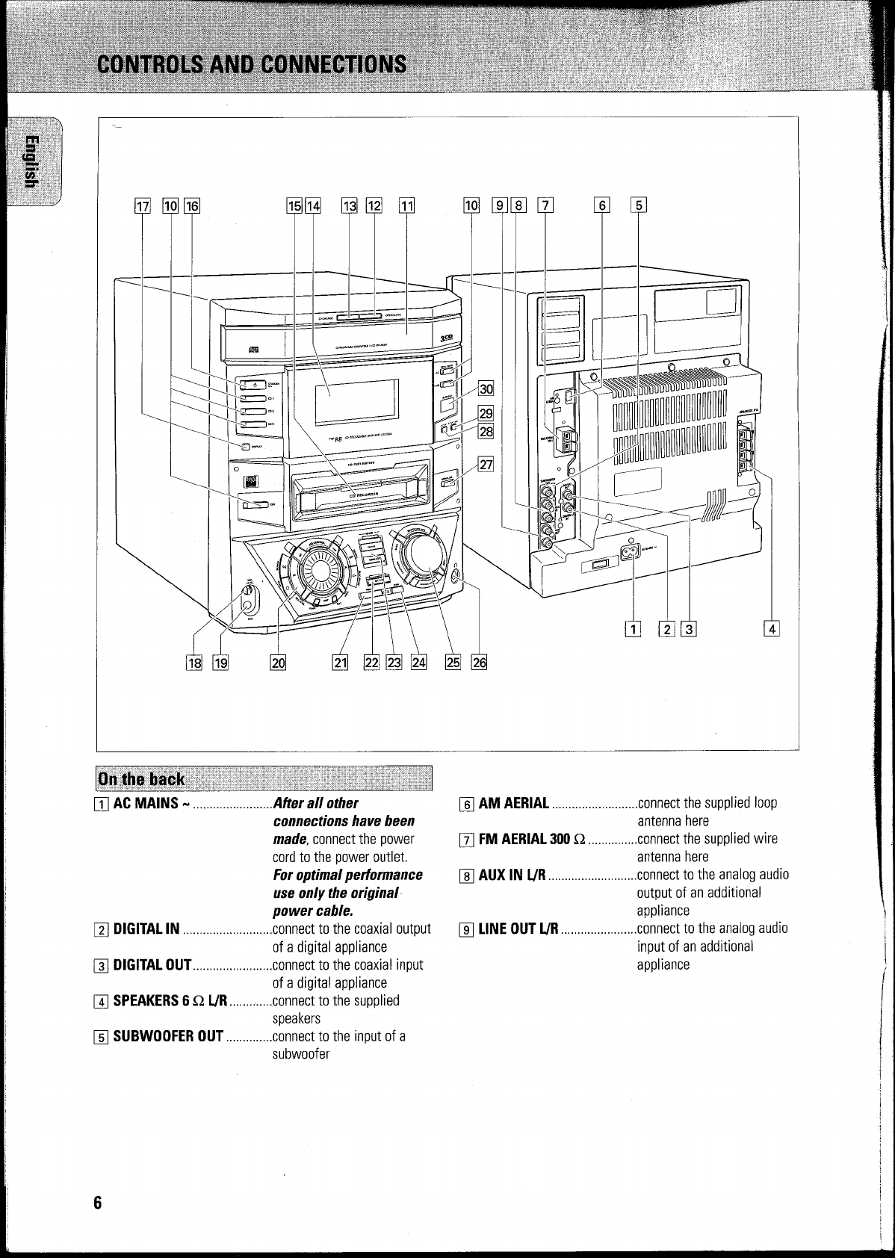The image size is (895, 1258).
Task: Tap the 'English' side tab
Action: click(x=31, y=160)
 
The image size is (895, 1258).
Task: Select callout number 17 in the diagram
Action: click(x=142, y=205)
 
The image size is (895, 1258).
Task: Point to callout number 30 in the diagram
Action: click(x=486, y=388)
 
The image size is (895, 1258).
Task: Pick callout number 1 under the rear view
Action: click(x=634, y=629)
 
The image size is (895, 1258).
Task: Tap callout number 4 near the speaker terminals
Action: click(x=771, y=629)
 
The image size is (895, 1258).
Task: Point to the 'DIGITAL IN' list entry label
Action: click(x=146, y=929)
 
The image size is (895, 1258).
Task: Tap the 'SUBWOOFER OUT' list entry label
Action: click(x=167, y=1036)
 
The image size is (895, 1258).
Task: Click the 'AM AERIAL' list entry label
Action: click(x=514, y=804)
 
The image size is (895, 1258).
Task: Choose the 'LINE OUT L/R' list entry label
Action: click(x=518, y=929)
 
